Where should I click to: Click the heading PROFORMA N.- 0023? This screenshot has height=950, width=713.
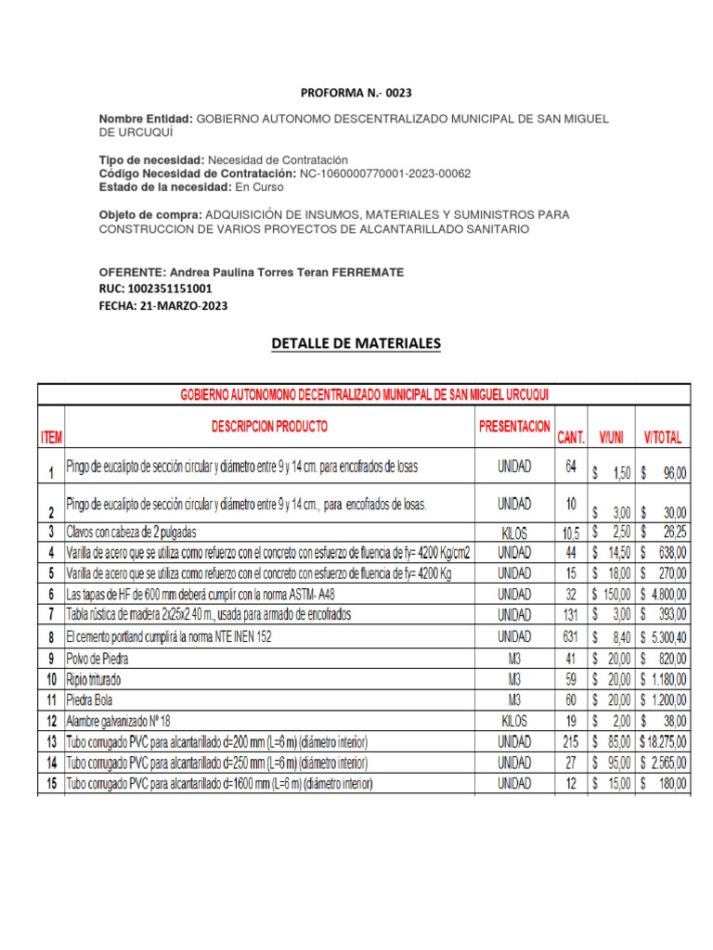(356, 94)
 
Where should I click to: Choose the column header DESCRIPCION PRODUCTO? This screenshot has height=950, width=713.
(269, 428)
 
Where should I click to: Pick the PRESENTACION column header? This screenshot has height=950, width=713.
(514, 428)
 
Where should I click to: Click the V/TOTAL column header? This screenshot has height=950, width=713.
(662, 436)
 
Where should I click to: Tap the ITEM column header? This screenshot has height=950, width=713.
(50, 437)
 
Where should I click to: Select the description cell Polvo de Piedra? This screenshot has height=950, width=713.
(97, 659)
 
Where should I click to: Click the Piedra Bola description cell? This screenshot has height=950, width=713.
(92, 700)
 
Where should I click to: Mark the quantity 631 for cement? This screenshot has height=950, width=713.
(570, 636)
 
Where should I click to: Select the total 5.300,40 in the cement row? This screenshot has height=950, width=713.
(667, 637)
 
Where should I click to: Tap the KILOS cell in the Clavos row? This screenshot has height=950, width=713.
(514, 532)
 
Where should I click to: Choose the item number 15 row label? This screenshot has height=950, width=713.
(50, 784)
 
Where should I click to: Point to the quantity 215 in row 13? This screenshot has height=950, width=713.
(570, 742)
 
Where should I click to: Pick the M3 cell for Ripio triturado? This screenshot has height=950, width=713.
(514, 679)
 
